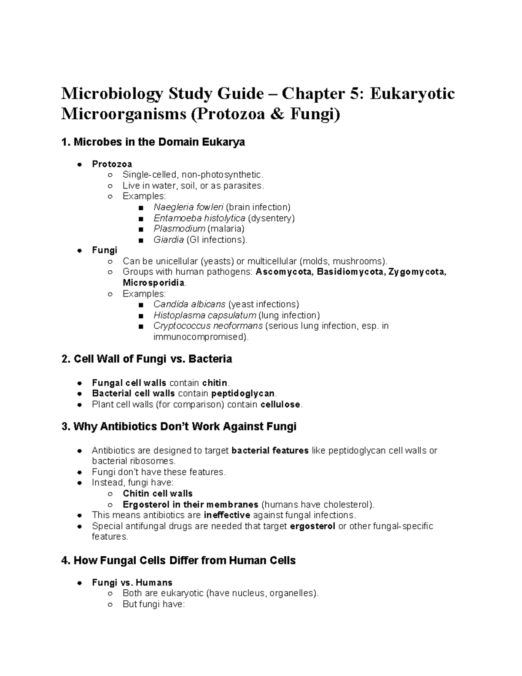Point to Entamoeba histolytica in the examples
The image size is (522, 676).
[199, 218]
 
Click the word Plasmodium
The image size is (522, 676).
[179, 229]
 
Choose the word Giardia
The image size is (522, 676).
[168, 240]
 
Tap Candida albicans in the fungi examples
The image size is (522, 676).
[189, 304]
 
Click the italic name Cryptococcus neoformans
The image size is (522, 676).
[208, 326]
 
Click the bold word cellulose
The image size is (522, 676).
[280, 405]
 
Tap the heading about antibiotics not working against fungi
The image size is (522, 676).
[179, 427]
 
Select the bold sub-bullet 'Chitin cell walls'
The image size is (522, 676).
[157, 494]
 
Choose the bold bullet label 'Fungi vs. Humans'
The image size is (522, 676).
[132, 582]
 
